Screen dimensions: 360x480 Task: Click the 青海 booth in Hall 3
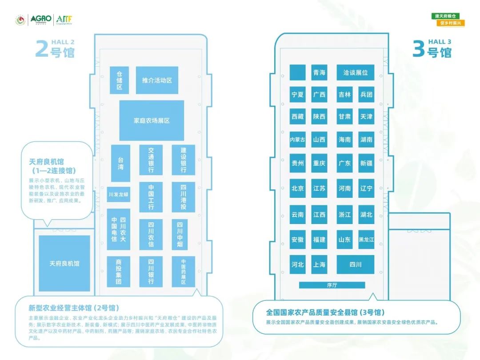319,72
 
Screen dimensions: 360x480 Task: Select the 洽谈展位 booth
355,72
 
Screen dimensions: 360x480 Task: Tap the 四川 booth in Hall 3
355,264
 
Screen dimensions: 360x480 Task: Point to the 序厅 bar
332,285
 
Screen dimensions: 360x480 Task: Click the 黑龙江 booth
366,240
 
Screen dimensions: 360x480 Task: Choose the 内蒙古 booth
297,140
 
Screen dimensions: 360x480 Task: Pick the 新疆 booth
366,163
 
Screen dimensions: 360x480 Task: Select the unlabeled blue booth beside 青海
297,72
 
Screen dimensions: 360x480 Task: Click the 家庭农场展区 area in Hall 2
152,120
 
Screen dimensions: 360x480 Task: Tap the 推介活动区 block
157,80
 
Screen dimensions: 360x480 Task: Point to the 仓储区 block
119,80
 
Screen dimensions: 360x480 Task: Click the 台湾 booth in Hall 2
120,163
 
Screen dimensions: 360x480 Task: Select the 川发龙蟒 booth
118,195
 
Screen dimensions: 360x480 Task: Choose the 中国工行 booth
151,197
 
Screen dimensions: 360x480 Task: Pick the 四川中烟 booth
180,234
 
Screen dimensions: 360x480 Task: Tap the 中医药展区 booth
183,272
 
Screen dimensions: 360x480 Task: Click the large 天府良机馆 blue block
64,263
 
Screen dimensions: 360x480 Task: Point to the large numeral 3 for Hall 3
418,49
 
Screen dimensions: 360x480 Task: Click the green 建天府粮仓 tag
447,16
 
